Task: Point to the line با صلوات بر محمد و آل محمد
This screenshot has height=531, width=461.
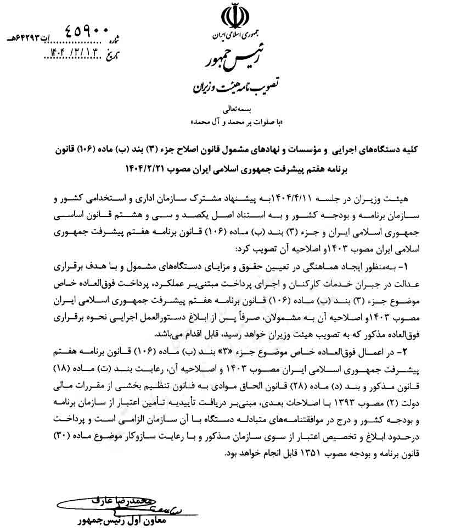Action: click(x=230, y=120)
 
